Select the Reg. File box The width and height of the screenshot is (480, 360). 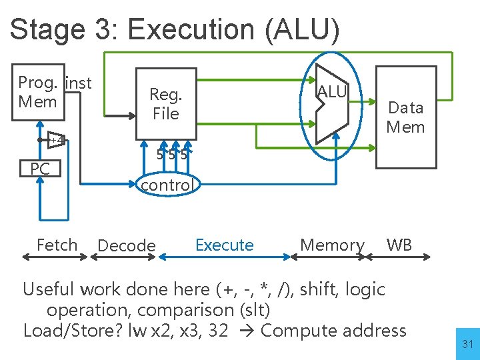click(166, 104)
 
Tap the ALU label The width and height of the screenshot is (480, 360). click(332, 92)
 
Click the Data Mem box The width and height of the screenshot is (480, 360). click(405, 117)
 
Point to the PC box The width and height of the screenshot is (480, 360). click(40, 169)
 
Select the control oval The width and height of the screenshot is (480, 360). click(166, 185)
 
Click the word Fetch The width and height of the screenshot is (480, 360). click(57, 245)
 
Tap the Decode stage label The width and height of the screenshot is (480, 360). click(126, 246)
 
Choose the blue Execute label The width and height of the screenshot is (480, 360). click(224, 245)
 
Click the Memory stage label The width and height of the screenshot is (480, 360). click(332, 245)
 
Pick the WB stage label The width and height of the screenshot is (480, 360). click(399, 245)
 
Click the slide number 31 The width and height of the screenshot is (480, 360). click(467, 344)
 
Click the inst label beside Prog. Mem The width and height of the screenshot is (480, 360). click(79, 83)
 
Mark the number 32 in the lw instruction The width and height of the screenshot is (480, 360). click(218, 331)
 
